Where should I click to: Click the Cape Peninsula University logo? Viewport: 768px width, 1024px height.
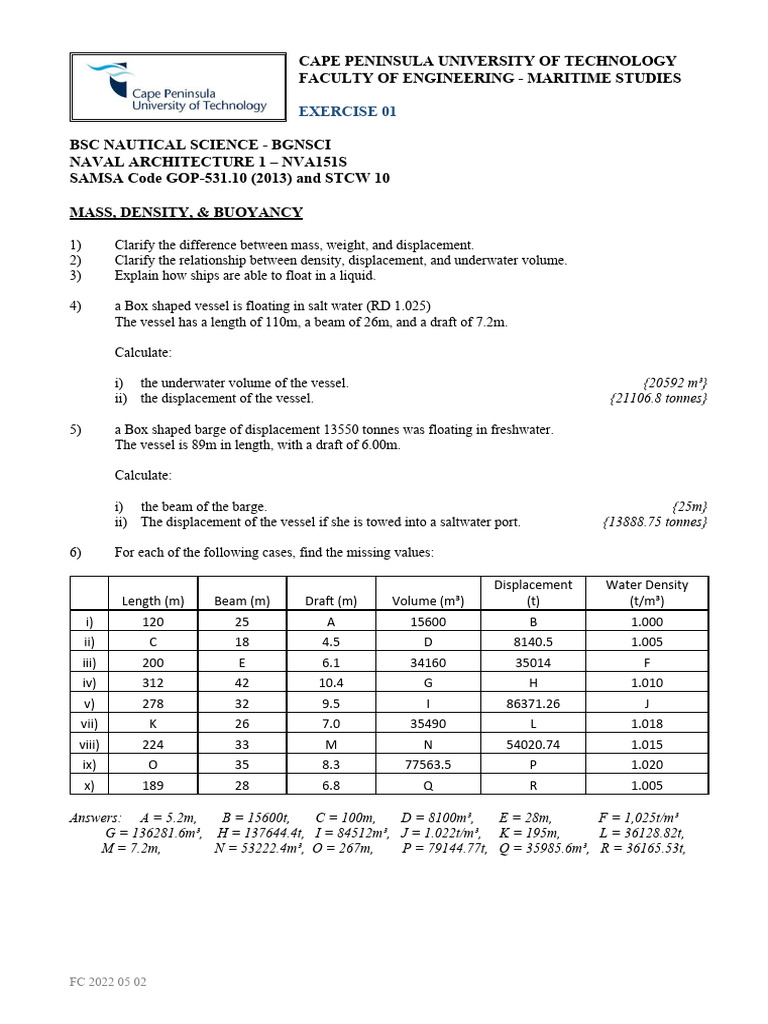pos(176,88)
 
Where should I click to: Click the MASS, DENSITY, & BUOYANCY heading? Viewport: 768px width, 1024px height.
pos(185,212)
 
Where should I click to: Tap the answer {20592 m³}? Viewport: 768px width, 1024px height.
pos(675,383)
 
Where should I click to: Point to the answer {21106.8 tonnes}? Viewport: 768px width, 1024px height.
pos(658,398)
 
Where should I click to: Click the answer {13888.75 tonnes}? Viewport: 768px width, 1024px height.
pos(655,522)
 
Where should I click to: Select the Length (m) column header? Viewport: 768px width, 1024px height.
pos(153,601)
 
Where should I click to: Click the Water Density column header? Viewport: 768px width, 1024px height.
pos(647,592)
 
